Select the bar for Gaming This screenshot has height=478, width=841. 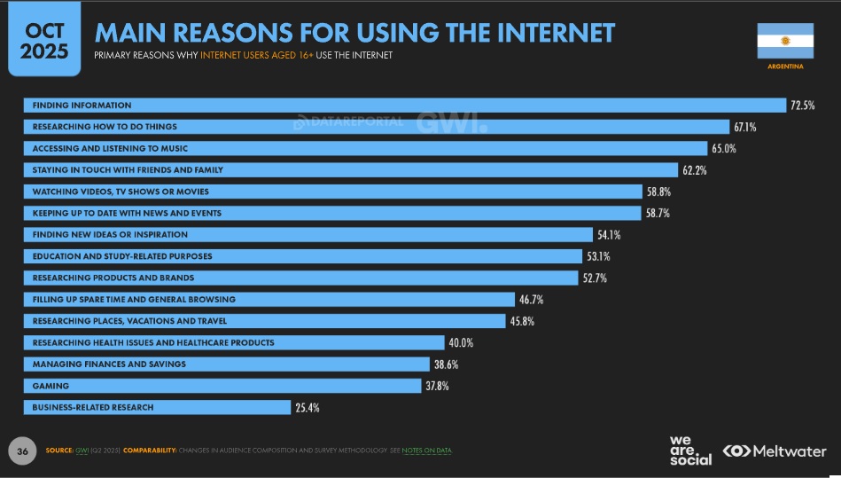[x=222, y=386]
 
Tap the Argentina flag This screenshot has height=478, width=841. [x=784, y=41]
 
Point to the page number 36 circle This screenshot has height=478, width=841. [x=23, y=451]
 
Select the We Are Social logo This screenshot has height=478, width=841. [x=690, y=451]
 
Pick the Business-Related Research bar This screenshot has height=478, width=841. [x=157, y=407]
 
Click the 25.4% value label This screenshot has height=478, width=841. [x=307, y=408]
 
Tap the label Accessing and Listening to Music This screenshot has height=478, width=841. [x=110, y=148]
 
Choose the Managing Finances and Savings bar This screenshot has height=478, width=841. [x=225, y=364]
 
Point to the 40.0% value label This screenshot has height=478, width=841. [x=461, y=342]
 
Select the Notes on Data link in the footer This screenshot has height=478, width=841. [x=426, y=451]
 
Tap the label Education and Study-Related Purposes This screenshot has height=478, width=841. [x=121, y=256]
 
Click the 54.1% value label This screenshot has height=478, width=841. [x=609, y=235]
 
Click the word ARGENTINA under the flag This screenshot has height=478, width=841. [x=784, y=66]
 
